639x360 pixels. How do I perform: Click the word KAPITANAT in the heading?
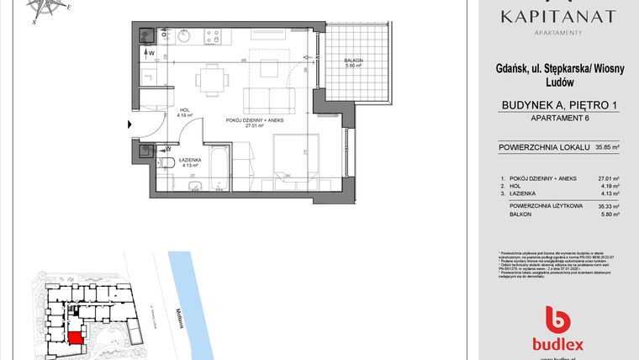click(557, 17)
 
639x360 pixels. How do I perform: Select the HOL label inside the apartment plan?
click(184, 110)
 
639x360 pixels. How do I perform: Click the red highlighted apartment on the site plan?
click(76, 338)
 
